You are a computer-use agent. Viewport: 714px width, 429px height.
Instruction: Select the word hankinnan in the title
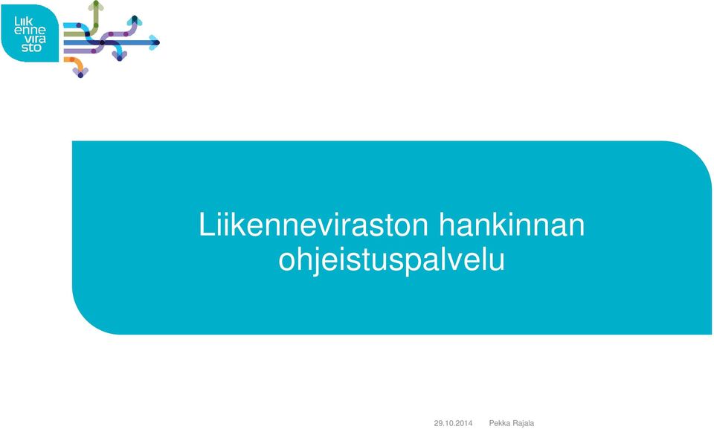point(512,225)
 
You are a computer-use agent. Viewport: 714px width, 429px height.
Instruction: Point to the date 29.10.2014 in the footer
point(453,423)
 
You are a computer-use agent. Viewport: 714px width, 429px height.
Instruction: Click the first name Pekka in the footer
point(499,423)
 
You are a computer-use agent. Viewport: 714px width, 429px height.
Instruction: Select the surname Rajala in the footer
point(523,423)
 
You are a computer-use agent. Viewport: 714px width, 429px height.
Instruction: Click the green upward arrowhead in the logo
point(96,5)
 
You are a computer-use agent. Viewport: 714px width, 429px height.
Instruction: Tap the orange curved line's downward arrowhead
point(80,72)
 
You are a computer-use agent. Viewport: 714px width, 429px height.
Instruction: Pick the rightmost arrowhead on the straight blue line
point(155,42)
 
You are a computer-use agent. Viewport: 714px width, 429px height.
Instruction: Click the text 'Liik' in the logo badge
point(24,22)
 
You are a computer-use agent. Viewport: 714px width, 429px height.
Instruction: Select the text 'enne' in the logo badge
point(30,30)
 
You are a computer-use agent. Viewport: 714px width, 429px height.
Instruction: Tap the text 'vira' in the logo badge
point(35,39)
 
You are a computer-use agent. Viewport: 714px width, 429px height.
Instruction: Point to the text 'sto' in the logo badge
point(31,48)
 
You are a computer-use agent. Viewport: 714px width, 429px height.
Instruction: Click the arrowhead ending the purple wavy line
point(135,21)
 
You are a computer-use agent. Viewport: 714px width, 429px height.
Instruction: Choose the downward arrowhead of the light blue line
point(119,56)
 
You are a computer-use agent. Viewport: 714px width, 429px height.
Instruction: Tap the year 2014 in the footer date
point(464,423)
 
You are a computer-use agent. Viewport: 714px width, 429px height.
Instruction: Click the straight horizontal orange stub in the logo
point(69,59)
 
